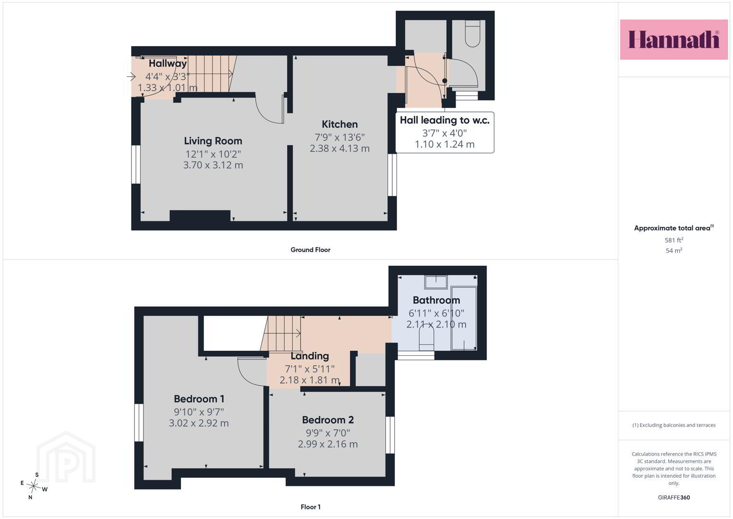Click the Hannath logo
click(x=673, y=39)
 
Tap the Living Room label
click(x=213, y=141)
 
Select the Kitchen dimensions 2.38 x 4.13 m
click(x=340, y=148)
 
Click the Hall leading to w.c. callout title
click(x=445, y=120)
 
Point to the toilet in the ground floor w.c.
click(x=472, y=34)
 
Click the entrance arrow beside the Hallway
click(x=131, y=77)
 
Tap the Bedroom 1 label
click(x=199, y=399)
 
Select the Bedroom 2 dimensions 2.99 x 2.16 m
click(x=327, y=444)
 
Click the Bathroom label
click(x=436, y=300)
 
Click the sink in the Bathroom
click(x=436, y=282)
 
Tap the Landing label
click(x=310, y=356)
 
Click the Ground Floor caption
click(x=310, y=250)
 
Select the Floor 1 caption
click(x=311, y=507)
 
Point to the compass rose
click(x=34, y=486)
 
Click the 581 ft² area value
click(x=674, y=240)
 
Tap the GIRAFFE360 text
click(x=674, y=497)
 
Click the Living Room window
click(x=136, y=164)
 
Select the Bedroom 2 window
click(x=390, y=435)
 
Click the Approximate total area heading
click(x=674, y=228)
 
